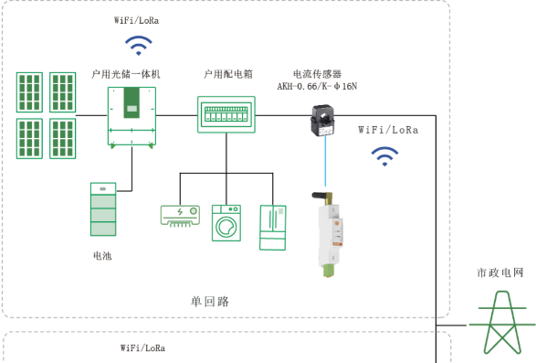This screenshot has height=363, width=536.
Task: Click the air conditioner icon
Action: [x=180, y=216]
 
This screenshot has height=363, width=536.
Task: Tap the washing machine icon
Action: [x=226, y=223]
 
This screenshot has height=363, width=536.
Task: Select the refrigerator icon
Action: [x=273, y=228]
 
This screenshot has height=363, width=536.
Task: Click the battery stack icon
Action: [x=103, y=209]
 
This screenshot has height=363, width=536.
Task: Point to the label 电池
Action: [x=102, y=255]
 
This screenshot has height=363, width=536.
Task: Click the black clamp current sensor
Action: [x=322, y=120]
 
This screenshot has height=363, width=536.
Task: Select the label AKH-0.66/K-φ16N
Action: [x=317, y=86]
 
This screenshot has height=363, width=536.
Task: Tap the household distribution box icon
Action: [x=226, y=114]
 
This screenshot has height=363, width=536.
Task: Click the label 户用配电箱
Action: [x=228, y=74]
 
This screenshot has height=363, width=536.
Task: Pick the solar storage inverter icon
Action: [x=132, y=117]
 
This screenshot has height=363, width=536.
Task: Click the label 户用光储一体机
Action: [x=126, y=74]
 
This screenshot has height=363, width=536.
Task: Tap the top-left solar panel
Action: [x=30, y=92]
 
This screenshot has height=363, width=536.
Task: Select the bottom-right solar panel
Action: [x=63, y=139]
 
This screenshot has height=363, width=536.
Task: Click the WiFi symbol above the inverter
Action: [x=139, y=45]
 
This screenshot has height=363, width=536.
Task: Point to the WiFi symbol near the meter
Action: [x=384, y=156]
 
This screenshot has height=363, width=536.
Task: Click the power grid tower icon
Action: [x=502, y=322]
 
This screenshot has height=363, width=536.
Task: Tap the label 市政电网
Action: [x=500, y=272]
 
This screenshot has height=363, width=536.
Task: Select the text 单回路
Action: [x=210, y=302]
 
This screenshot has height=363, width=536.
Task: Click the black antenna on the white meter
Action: [x=321, y=196]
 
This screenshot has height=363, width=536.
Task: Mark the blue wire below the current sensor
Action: [x=325, y=161]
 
